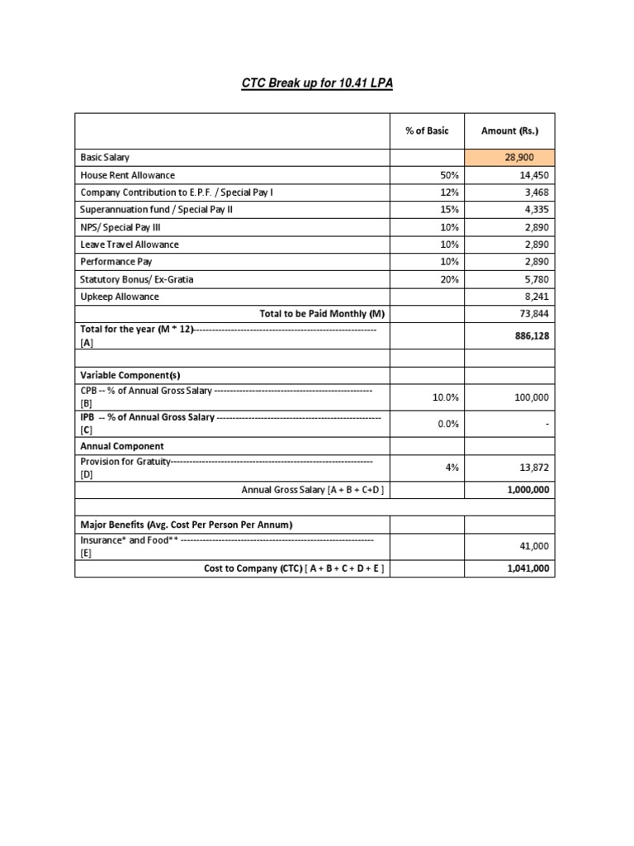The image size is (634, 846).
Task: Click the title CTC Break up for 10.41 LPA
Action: [316, 84]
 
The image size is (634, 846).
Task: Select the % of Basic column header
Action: [427, 131]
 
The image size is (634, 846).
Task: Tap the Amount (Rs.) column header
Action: [509, 131]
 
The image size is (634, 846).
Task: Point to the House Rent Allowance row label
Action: [127, 175]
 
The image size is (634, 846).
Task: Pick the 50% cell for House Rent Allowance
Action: [447, 175]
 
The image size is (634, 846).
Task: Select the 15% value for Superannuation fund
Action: [447, 210]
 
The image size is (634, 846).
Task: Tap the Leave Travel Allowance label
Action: [129, 245]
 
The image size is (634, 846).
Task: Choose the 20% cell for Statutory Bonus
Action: [447, 279]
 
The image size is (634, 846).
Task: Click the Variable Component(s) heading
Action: [130, 374]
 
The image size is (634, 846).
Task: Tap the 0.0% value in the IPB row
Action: [445, 424]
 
